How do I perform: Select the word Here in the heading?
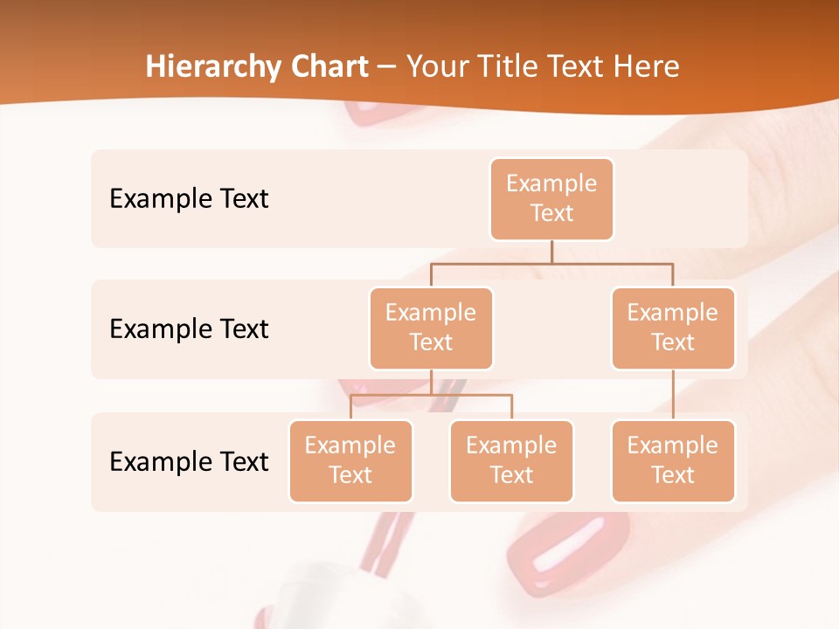click(x=647, y=67)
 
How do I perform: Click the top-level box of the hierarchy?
click(x=551, y=198)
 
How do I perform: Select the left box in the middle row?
click(x=431, y=328)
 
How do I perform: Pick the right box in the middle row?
click(x=672, y=328)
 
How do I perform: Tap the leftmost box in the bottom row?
click(x=350, y=460)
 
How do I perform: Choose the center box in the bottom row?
click(x=511, y=460)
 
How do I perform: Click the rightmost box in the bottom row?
click(x=672, y=460)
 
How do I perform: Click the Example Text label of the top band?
click(x=189, y=199)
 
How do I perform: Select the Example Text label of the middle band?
click(x=189, y=329)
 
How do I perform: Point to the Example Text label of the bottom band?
click(x=189, y=461)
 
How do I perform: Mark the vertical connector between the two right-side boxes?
click(x=672, y=395)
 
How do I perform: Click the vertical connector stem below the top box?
click(x=551, y=252)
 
